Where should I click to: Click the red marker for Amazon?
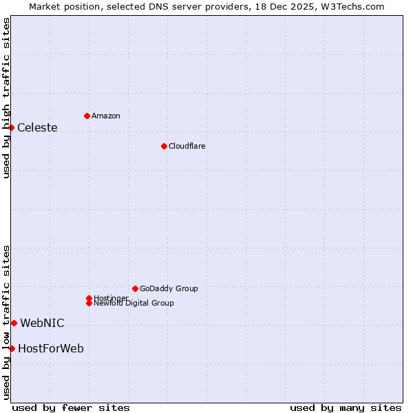pyautogui.click(x=87, y=116)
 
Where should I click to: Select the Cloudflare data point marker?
pyautogui.click(x=164, y=146)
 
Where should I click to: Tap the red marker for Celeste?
pyautogui.click(x=12, y=127)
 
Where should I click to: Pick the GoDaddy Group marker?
pyautogui.click(x=135, y=288)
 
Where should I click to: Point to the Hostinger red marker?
pyautogui.click(x=89, y=298)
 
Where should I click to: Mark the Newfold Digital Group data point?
pyautogui.click(x=89, y=303)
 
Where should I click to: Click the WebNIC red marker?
pyautogui.click(x=14, y=323)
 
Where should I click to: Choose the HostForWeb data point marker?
pyautogui.click(x=12, y=348)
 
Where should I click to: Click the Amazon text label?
pyautogui.click(x=106, y=116)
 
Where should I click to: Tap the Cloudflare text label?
pyautogui.click(x=187, y=146)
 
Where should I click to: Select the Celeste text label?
pyautogui.click(x=37, y=127)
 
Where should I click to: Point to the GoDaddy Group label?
pyautogui.click(x=169, y=288)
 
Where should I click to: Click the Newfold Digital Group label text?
pyautogui.click(x=134, y=303)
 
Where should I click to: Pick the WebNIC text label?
pyautogui.click(x=42, y=323)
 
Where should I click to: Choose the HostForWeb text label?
pyautogui.click(x=51, y=348)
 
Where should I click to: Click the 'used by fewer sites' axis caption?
pyautogui.click(x=71, y=407)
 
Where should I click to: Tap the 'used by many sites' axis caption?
pyautogui.click(x=346, y=407)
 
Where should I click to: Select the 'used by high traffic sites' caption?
pyautogui.click(x=6, y=98)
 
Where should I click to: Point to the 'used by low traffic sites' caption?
pyautogui.click(x=6, y=322)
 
